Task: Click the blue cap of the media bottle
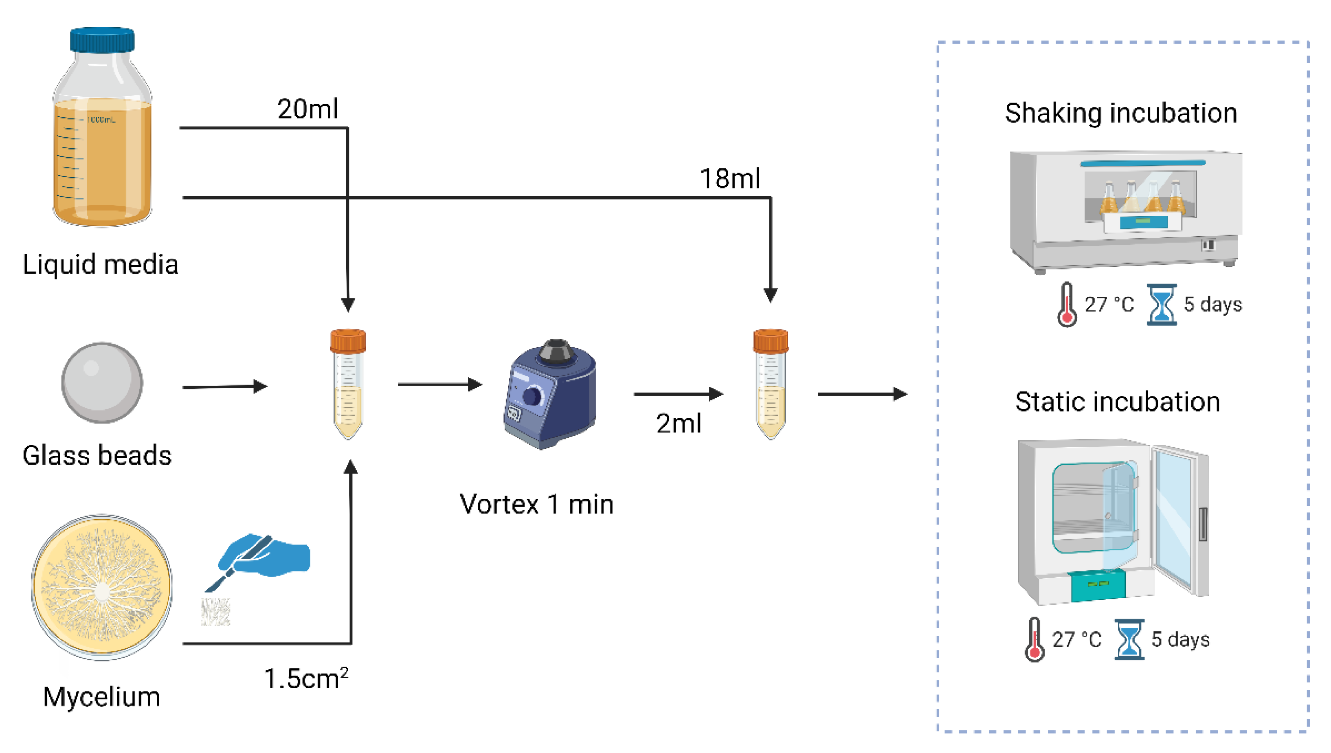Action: pyautogui.click(x=102, y=40)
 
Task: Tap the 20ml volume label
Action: pyautogui.click(x=307, y=109)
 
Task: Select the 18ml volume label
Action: pyautogui.click(x=729, y=178)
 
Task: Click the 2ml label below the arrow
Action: pyautogui.click(x=679, y=424)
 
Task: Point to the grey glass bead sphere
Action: pyautogui.click(x=102, y=383)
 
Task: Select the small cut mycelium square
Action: pyautogui.click(x=215, y=612)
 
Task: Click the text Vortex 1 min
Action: pyautogui.click(x=536, y=504)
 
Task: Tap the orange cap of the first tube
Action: pyautogui.click(x=348, y=341)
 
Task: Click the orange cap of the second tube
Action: pyautogui.click(x=771, y=341)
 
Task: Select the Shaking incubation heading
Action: pyautogui.click(x=1120, y=113)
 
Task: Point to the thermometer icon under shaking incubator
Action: pyautogui.click(x=1067, y=305)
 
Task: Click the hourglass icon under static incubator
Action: pyautogui.click(x=1129, y=639)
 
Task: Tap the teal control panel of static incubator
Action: pyautogui.click(x=1098, y=584)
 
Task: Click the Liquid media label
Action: pyautogui.click(x=100, y=265)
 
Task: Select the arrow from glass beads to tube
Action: pyautogui.click(x=225, y=386)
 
